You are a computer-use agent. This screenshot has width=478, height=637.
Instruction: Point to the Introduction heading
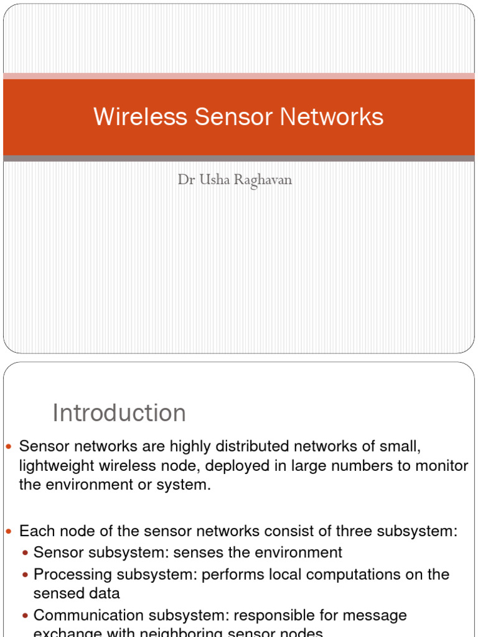119,413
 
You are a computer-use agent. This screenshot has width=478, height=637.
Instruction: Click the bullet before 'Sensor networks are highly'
9,447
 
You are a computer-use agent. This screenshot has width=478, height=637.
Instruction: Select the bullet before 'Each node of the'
9,532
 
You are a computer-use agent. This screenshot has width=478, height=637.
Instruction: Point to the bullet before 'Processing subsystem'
25,575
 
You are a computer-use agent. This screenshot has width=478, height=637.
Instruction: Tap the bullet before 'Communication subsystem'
25,616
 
